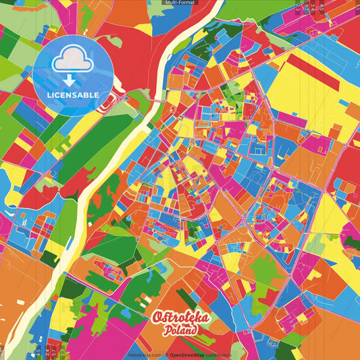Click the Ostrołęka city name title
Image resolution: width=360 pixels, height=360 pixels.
tap(181, 318)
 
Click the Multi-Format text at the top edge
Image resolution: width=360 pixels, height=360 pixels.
tap(180, 3)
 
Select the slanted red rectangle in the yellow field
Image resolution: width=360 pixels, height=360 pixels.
tap(311, 72)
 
